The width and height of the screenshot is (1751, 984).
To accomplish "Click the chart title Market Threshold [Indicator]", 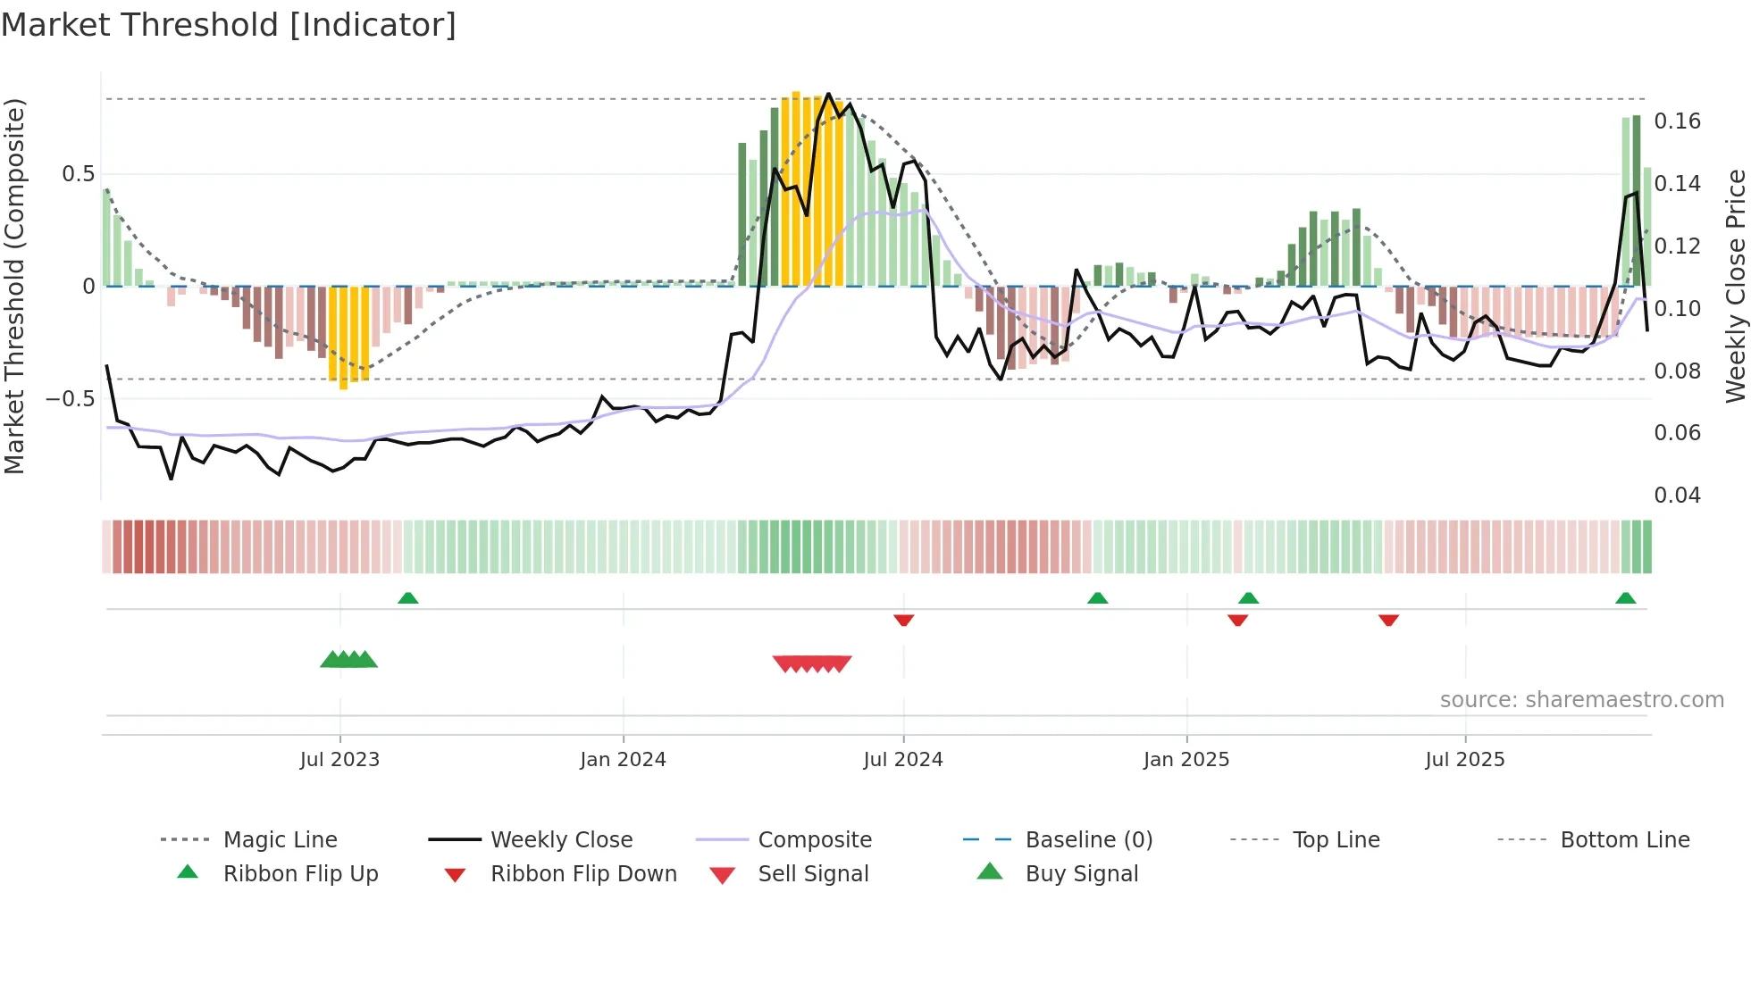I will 229,25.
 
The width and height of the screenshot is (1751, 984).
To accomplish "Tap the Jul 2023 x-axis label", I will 339,760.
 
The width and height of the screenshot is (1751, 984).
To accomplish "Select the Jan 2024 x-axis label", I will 623,760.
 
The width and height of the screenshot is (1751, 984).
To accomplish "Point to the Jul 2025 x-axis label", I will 1465,760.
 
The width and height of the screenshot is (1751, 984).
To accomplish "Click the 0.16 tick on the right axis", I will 1677,121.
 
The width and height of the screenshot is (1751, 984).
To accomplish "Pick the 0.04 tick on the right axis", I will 1677,496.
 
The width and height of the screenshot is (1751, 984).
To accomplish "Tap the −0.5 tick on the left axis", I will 70,398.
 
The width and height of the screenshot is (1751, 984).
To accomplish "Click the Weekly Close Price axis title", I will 1735,286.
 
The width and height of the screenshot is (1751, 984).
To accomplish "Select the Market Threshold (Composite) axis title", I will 14,286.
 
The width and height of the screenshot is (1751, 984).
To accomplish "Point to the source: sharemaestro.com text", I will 1581,700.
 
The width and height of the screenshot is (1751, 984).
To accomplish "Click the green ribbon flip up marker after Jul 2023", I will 408,598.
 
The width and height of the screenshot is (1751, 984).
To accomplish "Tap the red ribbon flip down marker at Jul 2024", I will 903,620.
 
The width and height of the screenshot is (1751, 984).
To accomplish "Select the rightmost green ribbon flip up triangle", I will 1625,598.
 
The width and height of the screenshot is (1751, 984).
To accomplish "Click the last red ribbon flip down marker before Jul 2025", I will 1388,620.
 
